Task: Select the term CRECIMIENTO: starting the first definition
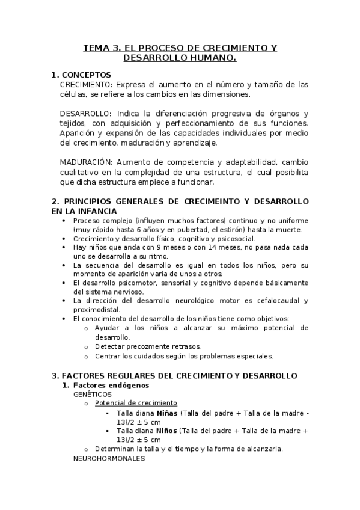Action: [86, 84]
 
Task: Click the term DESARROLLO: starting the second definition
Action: [85, 113]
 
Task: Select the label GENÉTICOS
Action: [92, 394]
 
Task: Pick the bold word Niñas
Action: [168, 413]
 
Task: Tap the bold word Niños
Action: [168, 431]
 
